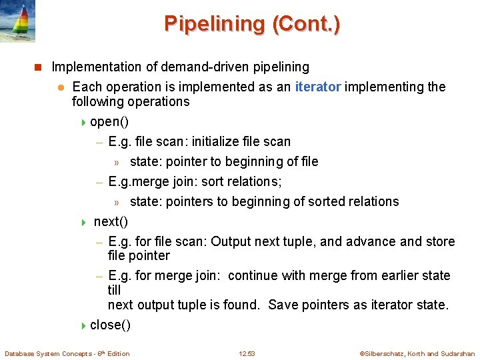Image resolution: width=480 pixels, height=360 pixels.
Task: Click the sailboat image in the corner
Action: pyautogui.click(x=17, y=21)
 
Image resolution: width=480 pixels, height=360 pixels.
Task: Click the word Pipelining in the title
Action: pyautogui.click(x=214, y=24)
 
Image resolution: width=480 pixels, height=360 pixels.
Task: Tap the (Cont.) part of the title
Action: pyautogui.click(x=306, y=24)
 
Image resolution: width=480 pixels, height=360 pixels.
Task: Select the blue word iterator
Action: pyautogui.click(x=318, y=87)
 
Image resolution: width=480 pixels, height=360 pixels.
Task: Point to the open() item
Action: pyautogui.click(x=109, y=121)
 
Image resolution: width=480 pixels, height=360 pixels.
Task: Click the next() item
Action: pyautogui.click(x=111, y=221)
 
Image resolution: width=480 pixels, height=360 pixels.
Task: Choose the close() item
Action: pyautogui.click(x=110, y=325)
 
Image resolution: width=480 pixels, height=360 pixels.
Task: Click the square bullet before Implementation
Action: pyautogui.click(x=38, y=67)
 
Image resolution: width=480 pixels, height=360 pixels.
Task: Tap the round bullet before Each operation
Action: pyautogui.click(x=59, y=87)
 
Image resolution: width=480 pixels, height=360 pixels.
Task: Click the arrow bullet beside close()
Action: pyautogui.click(x=83, y=325)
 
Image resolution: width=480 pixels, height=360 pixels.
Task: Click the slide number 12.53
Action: pyautogui.click(x=247, y=354)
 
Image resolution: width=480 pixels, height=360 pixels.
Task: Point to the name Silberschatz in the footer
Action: pyautogui.click(x=382, y=354)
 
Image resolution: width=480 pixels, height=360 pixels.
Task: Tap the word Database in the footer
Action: pyautogui.click(x=19, y=354)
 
